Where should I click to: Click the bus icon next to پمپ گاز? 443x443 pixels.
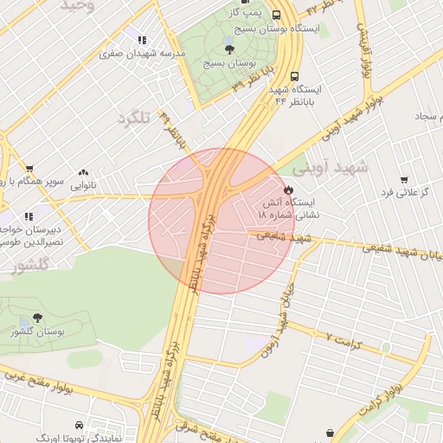tap(276, 15)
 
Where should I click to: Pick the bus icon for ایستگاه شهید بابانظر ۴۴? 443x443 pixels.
tap(295, 75)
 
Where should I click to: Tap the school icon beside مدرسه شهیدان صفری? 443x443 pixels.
tap(141, 40)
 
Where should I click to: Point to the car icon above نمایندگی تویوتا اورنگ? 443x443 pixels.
tap(80, 426)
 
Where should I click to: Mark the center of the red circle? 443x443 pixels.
tap(222, 221)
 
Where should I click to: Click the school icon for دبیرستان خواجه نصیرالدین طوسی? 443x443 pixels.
tap(29, 216)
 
